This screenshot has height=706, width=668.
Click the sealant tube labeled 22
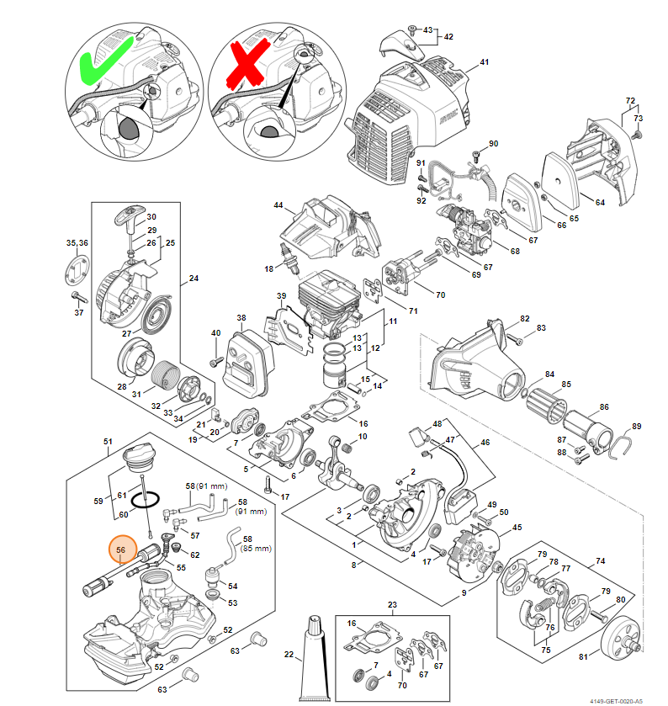[x=313, y=657]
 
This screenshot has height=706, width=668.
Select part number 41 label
[x=484, y=63]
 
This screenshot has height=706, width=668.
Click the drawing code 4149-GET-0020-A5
[x=615, y=698]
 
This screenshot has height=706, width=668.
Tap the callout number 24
[x=194, y=278]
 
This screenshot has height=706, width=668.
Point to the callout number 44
[x=278, y=206]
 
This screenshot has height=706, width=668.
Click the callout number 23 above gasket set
[x=392, y=605]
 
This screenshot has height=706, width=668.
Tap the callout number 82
[x=525, y=319]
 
